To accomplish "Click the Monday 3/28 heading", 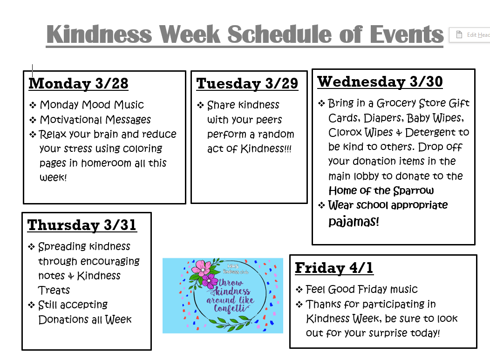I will (x=78, y=83).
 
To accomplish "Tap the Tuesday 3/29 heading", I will (x=247, y=83).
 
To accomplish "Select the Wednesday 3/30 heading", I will (x=380, y=82).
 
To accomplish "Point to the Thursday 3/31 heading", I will (x=82, y=225).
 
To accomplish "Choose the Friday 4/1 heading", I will (x=334, y=268).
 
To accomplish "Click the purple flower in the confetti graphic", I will (x=210, y=281).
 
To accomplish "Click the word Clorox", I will (x=345, y=132).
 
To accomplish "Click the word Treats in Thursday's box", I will (x=54, y=290).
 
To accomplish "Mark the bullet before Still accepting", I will (x=32, y=306).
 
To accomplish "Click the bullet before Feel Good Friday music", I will (x=299, y=290).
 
